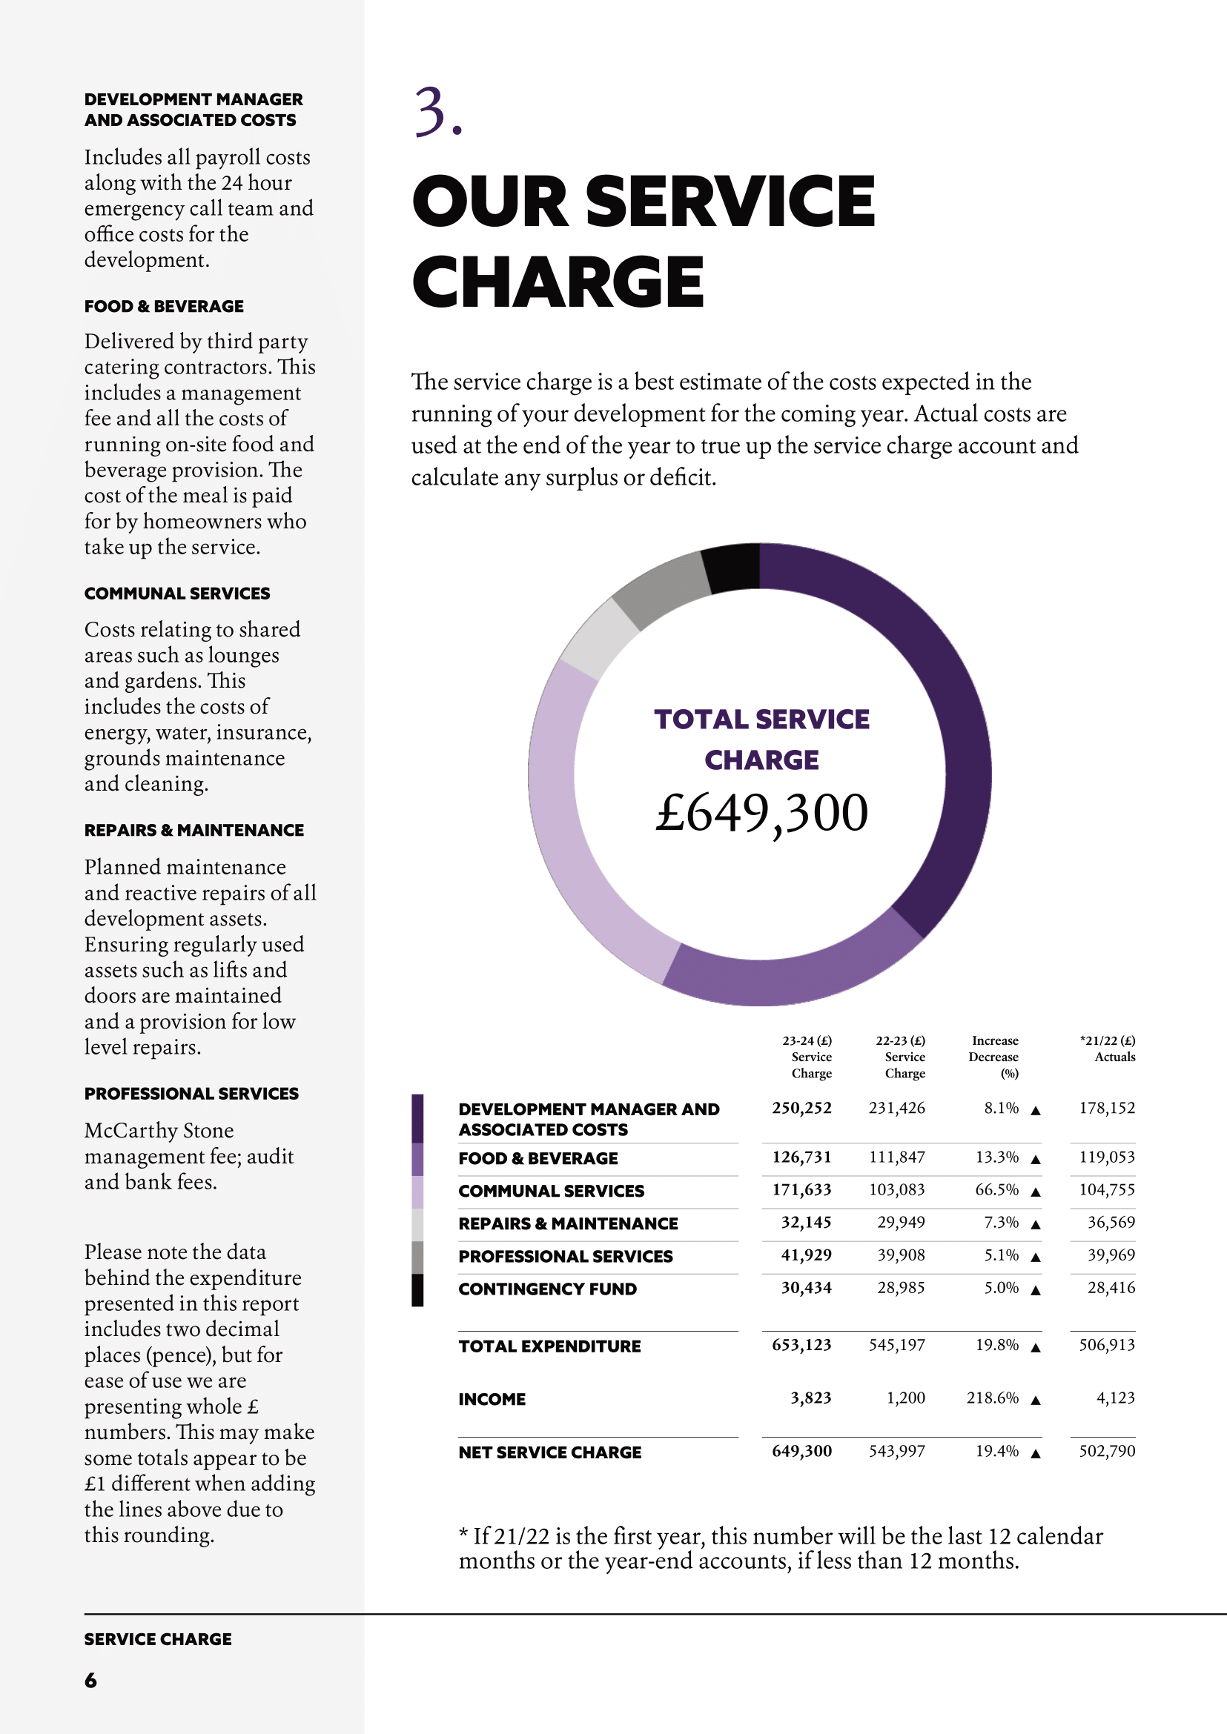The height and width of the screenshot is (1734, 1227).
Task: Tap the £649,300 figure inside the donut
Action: click(x=761, y=814)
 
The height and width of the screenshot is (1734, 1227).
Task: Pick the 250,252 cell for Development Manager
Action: click(x=801, y=1108)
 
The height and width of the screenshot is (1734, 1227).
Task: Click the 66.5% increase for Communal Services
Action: click(x=996, y=1189)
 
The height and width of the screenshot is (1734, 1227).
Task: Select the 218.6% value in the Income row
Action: click(x=992, y=1397)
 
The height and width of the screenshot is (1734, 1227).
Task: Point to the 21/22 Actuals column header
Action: click(x=1108, y=1049)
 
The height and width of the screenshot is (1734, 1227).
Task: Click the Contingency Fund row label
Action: click(x=547, y=1289)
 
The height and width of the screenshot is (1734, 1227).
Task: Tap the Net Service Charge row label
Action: click(x=549, y=1452)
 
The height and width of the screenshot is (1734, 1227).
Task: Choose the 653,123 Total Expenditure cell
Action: click(x=801, y=1344)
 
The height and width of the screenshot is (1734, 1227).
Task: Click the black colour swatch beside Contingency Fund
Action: click(x=417, y=1289)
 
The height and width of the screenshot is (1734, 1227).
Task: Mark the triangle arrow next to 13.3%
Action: click(x=1036, y=1158)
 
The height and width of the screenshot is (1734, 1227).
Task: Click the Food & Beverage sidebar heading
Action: click(x=164, y=306)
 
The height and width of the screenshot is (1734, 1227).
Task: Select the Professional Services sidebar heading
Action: click(x=191, y=1093)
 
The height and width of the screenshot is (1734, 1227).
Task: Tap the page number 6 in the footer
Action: click(x=90, y=1680)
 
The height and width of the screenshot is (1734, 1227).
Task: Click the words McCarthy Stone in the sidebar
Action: click(x=159, y=1130)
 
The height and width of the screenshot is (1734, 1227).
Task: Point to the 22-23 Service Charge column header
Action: click(x=901, y=1057)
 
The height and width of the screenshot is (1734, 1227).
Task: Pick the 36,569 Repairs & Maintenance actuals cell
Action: click(x=1111, y=1222)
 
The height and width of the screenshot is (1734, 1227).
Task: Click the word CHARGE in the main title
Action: click(x=558, y=281)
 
